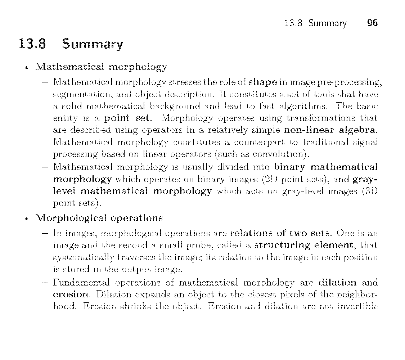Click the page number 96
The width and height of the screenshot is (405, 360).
point(372,23)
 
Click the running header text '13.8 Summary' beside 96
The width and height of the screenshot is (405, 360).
point(315,24)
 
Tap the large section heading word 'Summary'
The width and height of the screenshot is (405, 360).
point(92,44)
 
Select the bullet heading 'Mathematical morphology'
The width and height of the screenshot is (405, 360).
point(101,67)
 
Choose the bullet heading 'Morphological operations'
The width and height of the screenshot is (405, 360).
point(99,218)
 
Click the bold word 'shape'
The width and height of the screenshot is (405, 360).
point(263,82)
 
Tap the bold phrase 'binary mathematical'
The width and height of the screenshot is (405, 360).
point(326,167)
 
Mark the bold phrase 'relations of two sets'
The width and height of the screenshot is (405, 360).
point(279,233)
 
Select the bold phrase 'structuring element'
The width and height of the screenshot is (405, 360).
point(303,245)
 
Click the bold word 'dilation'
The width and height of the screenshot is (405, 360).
point(337,282)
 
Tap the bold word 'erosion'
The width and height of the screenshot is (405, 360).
point(71,294)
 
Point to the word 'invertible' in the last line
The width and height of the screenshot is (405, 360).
point(357,306)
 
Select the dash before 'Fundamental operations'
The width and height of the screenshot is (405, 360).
point(45,283)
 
